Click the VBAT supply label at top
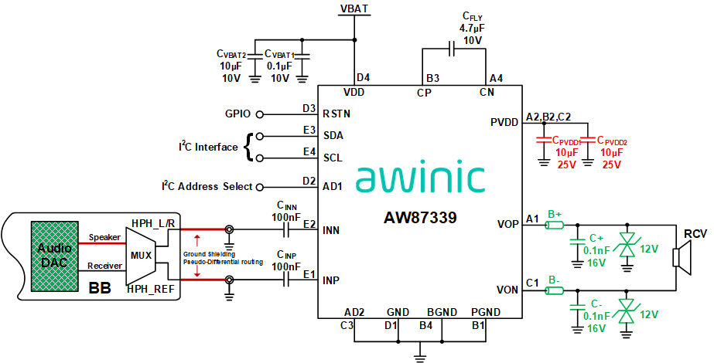354,8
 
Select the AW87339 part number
420,218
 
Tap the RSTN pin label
337,114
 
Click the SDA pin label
333,135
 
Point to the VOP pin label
507,225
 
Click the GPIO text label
237,114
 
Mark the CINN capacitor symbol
287,229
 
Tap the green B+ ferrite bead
555,225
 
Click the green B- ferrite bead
555,290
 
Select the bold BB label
100,288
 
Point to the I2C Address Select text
207,186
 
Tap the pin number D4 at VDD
363,78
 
